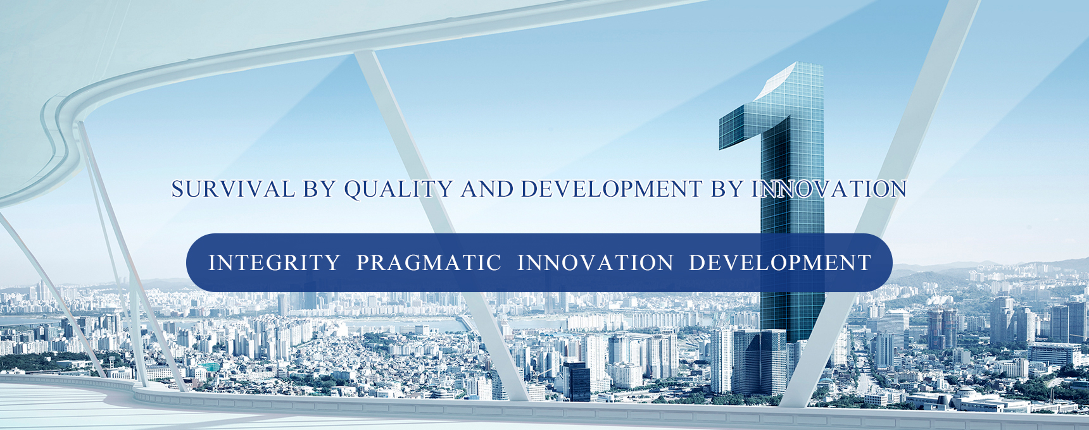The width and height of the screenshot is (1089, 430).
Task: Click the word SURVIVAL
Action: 233,189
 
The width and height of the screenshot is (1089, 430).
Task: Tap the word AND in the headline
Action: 487,189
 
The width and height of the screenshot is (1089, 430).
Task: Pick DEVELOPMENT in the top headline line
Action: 612,189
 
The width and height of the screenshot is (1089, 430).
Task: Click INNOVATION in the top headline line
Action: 829,189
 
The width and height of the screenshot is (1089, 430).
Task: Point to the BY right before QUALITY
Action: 319,189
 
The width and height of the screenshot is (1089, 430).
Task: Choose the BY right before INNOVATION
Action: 727,189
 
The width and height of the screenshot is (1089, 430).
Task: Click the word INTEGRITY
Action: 274,262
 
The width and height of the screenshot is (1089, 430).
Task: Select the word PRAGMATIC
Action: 429,262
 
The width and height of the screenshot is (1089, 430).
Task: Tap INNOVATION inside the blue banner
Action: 595,262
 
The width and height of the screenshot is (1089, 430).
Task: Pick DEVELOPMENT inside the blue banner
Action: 780,262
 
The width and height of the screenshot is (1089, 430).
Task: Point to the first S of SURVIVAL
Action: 178,189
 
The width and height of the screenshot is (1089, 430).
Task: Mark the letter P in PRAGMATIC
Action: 363,262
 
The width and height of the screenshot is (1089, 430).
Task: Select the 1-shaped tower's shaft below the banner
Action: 791,316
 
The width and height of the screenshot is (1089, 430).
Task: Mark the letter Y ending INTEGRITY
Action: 333,262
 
